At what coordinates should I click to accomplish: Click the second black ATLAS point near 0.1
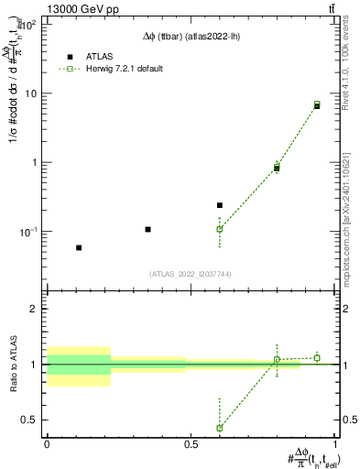[x=147, y=229]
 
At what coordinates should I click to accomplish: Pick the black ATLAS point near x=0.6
[x=220, y=205]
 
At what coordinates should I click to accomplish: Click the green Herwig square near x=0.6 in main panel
[x=220, y=229]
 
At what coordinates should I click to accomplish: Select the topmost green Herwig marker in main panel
[x=317, y=104]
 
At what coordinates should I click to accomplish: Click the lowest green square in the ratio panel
[x=220, y=428]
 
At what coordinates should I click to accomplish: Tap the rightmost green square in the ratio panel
[x=317, y=357]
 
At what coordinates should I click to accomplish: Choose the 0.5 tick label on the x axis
[x=191, y=444]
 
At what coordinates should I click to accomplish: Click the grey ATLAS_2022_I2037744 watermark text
[x=191, y=274]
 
